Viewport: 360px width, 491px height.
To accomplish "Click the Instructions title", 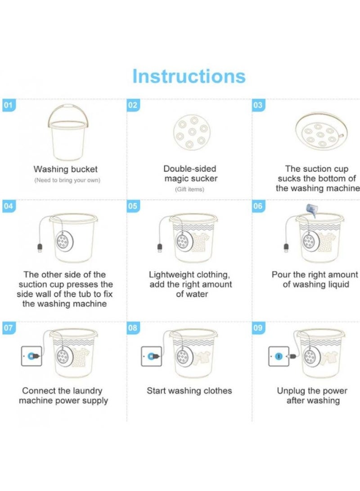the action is (x=189, y=76).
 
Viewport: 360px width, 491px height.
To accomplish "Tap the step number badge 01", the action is (x=9, y=105).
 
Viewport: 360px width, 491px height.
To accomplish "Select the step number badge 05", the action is (x=133, y=206).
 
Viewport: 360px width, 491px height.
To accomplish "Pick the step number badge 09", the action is (x=258, y=328).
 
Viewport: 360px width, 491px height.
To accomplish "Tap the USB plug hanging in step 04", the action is (x=40, y=248).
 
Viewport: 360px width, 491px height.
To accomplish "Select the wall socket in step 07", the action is (x=31, y=356).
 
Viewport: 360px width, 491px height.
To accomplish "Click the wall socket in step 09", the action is (x=279, y=356).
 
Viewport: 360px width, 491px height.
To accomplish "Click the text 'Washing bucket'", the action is (x=65, y=169).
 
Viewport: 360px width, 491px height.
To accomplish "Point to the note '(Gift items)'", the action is (x=189, y=189).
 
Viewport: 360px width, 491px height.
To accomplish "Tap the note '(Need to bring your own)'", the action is (x=67, y=180).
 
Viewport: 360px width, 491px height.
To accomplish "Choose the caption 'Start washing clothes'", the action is (x=189, y=391).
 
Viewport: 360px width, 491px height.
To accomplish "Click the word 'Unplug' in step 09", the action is (x=291, y=391).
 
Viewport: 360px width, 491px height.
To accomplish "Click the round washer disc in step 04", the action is (x=64, y=241).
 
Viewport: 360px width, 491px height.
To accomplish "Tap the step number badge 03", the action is (x=258, y=105).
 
